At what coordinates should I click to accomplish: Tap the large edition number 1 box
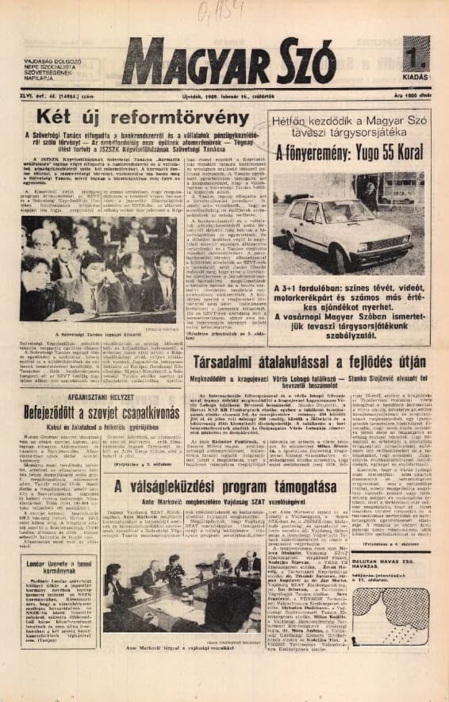pyautogui.click(x=415, y=56)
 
